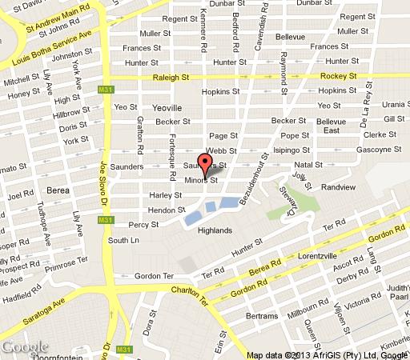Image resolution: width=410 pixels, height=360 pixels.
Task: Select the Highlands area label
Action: [215, 230]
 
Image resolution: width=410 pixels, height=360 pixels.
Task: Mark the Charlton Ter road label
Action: [193, 298]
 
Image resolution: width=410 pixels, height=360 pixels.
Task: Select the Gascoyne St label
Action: [379, 150]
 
